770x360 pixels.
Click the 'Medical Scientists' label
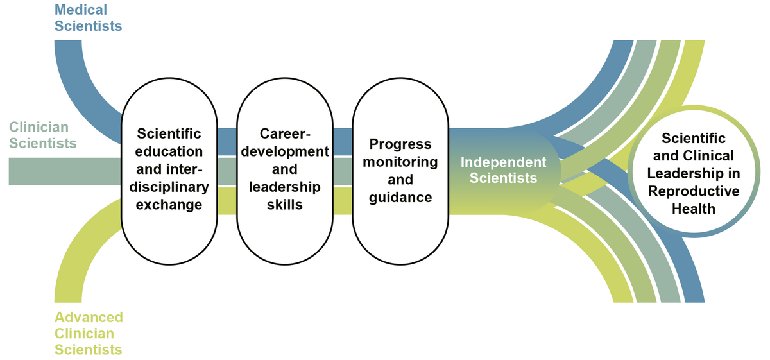(88, 18)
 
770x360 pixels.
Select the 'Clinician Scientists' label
(42, 135)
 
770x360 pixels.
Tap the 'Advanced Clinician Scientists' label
(89, 334)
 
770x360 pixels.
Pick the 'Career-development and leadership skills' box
(285, 169)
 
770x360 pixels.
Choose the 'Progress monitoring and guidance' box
(400, 169)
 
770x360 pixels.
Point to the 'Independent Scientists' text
(503, 169)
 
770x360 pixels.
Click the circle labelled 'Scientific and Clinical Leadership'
(693, 173)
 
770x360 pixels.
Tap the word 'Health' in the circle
(693, 209)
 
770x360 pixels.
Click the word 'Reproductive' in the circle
(693, 191)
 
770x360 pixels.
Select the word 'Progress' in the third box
(400, 144)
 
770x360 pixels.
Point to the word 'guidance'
(400, 197)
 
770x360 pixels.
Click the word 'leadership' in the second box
(285, 187)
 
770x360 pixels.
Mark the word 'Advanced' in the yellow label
(89, 318)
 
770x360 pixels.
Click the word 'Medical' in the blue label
(81, 10)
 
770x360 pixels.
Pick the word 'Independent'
(503, 162)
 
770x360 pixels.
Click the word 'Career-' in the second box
(285, 134)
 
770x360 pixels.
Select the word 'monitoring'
(400, 161)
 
